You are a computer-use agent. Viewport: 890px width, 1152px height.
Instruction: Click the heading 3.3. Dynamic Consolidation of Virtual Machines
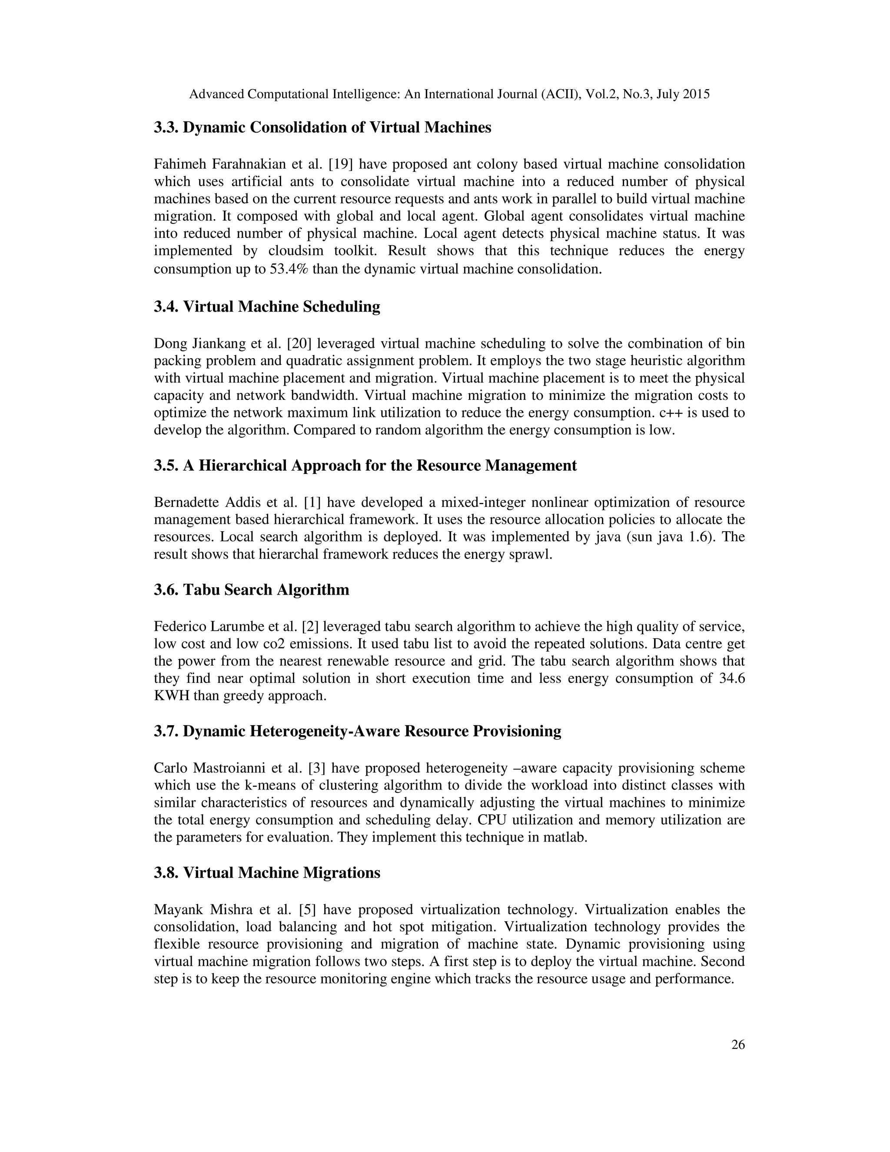[322, 128]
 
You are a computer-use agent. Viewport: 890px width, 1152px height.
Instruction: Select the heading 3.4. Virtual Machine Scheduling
[267, 306]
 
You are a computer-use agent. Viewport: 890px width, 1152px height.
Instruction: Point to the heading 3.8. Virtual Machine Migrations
[267, 873]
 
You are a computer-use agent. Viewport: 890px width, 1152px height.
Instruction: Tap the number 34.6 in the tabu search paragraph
[732, 678]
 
